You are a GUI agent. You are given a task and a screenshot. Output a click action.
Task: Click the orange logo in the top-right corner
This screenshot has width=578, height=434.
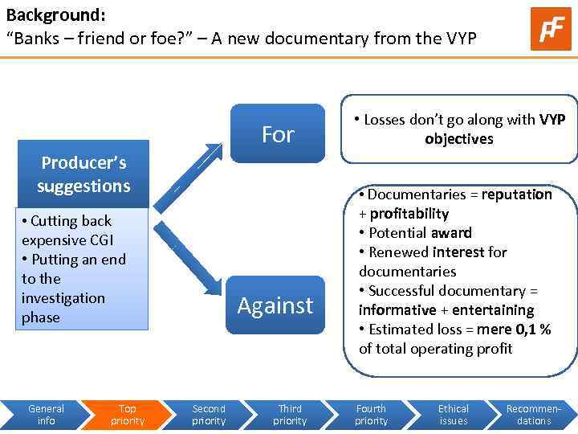click(551, 28)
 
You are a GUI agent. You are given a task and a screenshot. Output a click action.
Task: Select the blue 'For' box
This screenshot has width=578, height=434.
click(278, 134)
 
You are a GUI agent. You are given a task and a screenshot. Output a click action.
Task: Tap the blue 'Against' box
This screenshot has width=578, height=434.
click(275, 305)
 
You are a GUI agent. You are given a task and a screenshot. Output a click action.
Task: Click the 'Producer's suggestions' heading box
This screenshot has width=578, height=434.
click(83, 174)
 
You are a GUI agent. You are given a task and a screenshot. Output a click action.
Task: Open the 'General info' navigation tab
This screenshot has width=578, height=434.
click(46, 415)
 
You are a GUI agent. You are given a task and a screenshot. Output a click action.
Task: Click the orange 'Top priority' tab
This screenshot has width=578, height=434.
click(128, 415)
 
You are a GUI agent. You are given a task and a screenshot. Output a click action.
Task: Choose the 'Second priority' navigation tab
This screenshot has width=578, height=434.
click(209, 415)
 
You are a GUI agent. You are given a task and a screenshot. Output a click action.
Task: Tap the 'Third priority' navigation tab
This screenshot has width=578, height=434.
click(290, 415)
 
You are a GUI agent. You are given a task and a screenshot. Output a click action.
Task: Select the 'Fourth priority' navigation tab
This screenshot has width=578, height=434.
click(371, 415)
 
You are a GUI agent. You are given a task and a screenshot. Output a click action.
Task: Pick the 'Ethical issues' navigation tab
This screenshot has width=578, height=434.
click(453, 415)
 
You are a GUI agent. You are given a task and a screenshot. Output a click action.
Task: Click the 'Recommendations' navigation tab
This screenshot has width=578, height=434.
click(534, 415)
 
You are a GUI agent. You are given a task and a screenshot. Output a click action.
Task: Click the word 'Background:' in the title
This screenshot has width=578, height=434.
click(55, 15)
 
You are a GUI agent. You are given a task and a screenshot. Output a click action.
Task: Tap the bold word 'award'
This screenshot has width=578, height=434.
click(451, 233)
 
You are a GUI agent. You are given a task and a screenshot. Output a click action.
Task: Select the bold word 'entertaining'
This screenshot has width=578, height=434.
click(493, 310)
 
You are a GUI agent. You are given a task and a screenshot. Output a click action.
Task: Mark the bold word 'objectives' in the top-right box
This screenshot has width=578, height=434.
click(459, 139)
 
